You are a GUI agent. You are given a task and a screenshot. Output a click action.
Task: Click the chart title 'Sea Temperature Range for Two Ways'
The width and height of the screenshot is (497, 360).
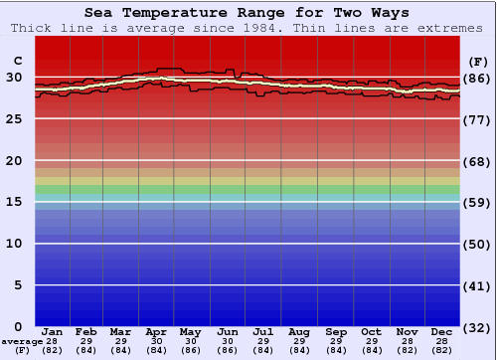(248, 13)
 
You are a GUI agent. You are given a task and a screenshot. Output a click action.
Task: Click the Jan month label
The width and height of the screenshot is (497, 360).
(53, 331)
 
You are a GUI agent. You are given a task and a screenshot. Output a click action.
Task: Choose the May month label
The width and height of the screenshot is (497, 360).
(189, 331)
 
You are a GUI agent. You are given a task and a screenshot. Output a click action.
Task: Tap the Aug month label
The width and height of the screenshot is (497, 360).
(298, 331)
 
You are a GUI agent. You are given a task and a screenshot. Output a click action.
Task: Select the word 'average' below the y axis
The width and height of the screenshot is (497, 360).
(22, 341)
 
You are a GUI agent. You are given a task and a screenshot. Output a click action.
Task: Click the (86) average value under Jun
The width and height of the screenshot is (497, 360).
(227, 349)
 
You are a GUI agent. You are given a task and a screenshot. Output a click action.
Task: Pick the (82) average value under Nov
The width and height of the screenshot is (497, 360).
(408, 349)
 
